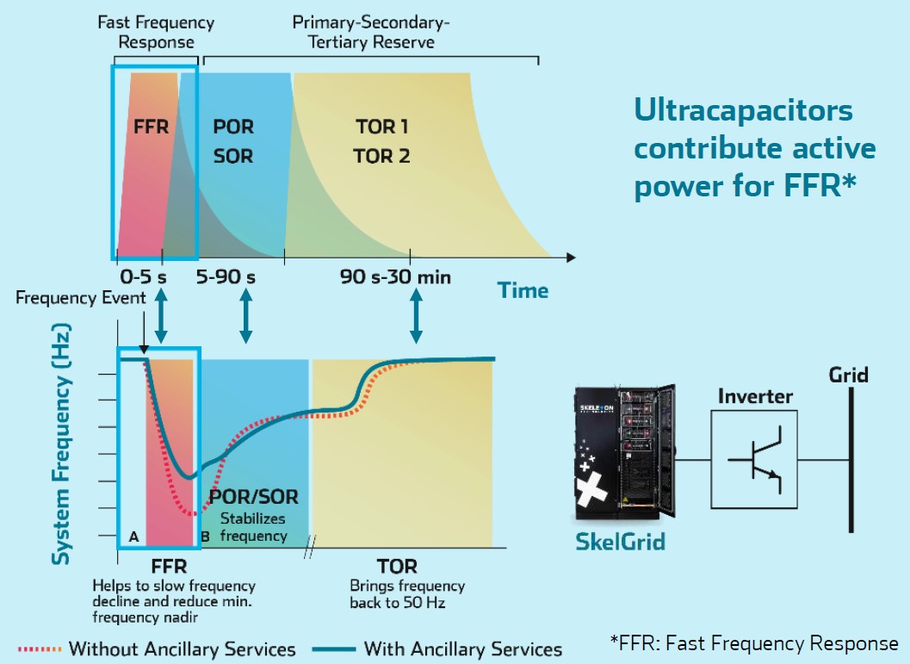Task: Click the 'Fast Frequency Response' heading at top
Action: click(156, 32)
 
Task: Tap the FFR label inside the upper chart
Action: click(151, 126)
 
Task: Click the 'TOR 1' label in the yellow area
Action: click(382, 127)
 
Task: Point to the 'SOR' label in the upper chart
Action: click(232, 157)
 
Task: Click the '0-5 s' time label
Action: click(145, 277)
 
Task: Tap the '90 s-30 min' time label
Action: click(395, 277)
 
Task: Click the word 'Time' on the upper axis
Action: click(523, 290)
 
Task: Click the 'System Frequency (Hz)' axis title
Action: click(61, 444)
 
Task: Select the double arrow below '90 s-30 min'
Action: click(417, 319)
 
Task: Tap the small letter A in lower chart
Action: click(133, 536)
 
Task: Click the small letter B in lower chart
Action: click(205, 537)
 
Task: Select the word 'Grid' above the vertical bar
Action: click(848, 375)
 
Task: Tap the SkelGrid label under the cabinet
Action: click(621, 543)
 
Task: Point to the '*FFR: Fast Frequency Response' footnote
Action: click(753, 643)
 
